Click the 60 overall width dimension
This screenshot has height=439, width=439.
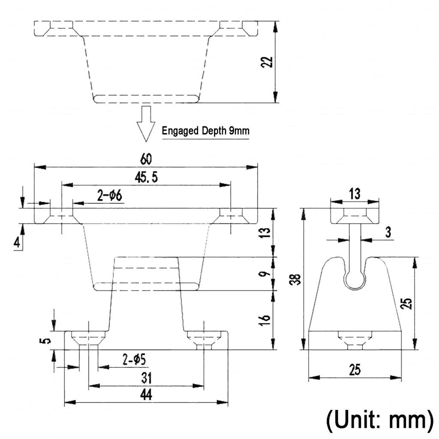(146, 159)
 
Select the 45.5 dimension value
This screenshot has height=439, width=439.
(146, 177)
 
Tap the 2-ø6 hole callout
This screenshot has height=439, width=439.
(110, 195)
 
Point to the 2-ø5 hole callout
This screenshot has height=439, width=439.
(134, 360)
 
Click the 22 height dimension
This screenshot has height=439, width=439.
(267, 62)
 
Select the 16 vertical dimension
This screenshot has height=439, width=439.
(265, 319)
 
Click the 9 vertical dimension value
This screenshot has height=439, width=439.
(265, 274)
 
